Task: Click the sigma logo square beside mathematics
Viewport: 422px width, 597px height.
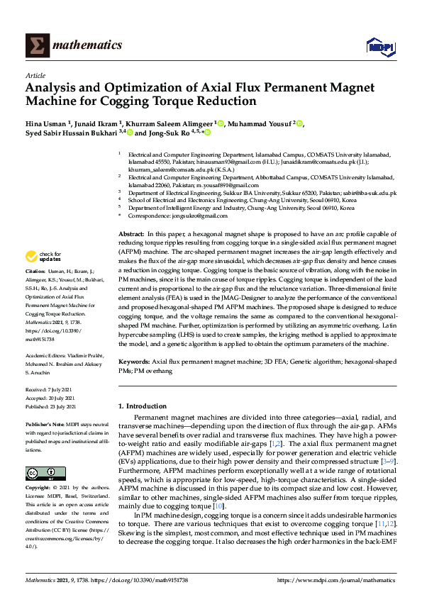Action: [36, 45]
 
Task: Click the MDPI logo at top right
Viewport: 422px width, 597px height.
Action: [380, 46]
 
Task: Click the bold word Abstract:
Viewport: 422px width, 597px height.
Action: [131, 233]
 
